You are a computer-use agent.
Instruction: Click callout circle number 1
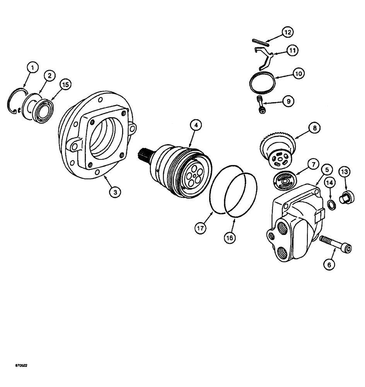point(32,68)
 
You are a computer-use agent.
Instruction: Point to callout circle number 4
point(196,125)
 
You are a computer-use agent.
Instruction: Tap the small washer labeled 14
point(331,204)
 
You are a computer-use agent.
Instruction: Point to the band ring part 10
point(263,83)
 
